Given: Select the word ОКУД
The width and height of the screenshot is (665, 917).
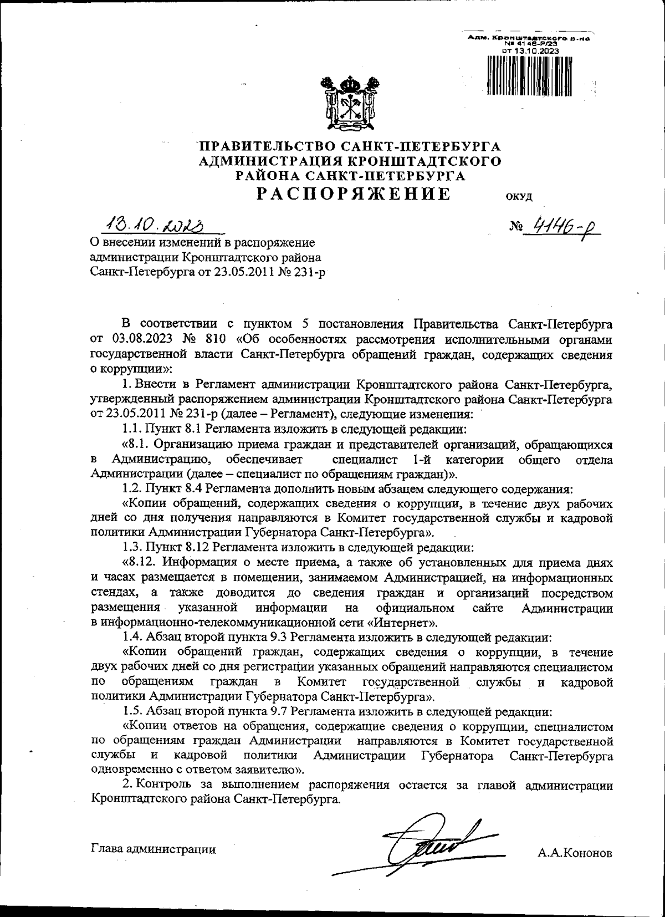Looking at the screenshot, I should pos(519,197).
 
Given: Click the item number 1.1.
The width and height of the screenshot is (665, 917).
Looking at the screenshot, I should pos(131,429).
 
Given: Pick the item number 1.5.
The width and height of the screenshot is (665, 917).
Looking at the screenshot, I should pos(132,711).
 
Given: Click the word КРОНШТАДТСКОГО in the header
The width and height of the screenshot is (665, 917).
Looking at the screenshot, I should pos(422,161).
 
